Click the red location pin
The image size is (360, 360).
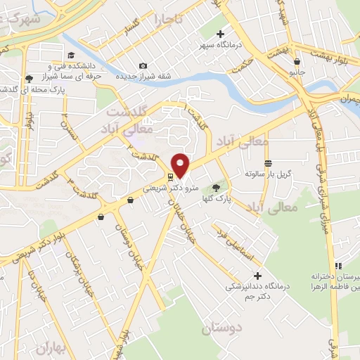[x=181, y=165]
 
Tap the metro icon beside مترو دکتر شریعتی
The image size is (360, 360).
[x=171, y=176]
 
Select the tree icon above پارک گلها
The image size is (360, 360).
[x=216, y=187]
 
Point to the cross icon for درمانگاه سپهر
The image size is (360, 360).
[x=221, y=34]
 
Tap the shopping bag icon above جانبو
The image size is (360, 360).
[x=297, y=61]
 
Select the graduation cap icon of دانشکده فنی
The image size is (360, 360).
[x=70, y=56]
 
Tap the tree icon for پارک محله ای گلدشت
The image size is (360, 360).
[x=28, y=78]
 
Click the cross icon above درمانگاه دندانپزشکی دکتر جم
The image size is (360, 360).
[x=257, y=276]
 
